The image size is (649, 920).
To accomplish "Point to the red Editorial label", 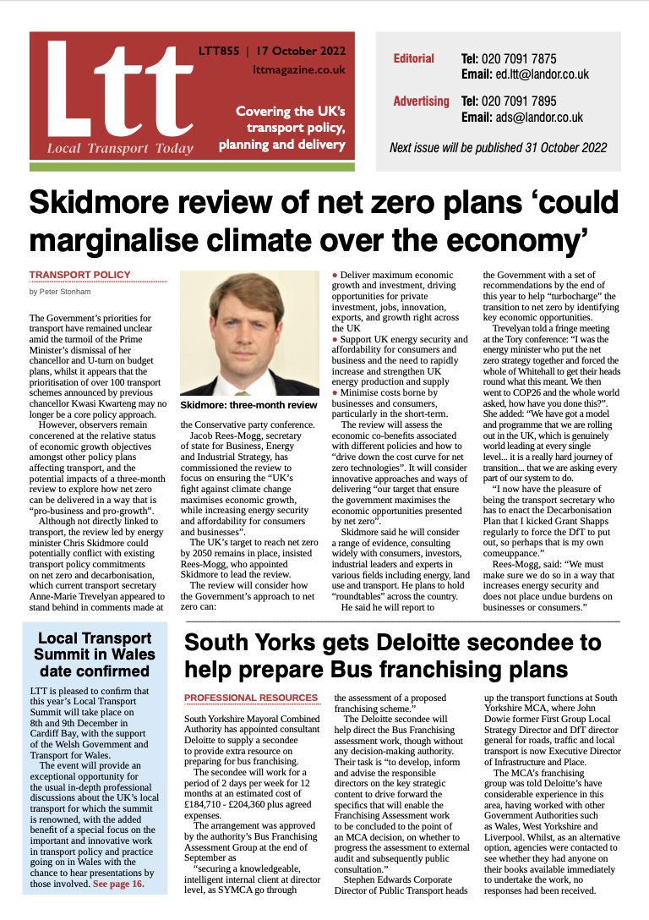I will tap(414, 58).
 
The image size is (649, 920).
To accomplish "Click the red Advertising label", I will tap(421, 101).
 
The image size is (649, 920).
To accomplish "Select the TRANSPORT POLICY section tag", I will tap(80, 275).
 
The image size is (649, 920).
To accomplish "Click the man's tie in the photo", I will tap(248, 379).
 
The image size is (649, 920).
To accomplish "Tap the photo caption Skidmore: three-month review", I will tap(248, 405).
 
